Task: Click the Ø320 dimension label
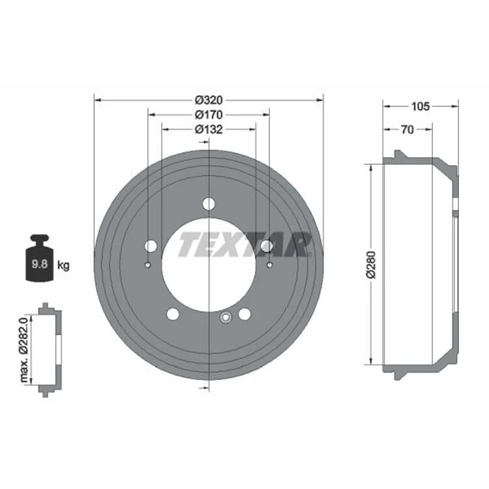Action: pyautogui.click(x=209, y=100)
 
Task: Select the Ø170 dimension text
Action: pyautogui.click(x=209, y=115)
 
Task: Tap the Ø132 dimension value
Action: pyautogui.click(x=209, y=129)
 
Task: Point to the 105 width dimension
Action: pyautogui.click(x=421, y=107)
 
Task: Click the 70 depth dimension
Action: pyautogui.click(x=407, y=130)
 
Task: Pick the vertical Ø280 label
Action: pyautogui.click(x=372, y=265)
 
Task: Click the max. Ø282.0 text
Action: pyautogui.click(x=24, y=350)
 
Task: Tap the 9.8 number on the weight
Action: pyautogui.click(x=40, y=264)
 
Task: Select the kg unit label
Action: pyautogui.click(x=63, y=266)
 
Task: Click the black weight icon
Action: pyautogui.click(x=40, y=258)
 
